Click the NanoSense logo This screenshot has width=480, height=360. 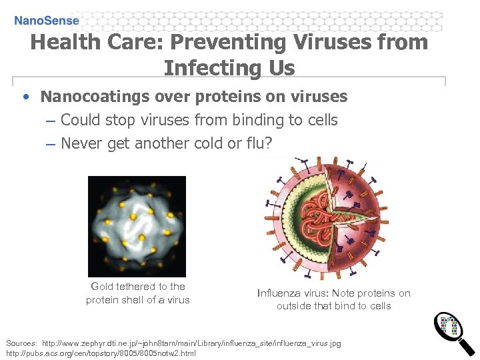click(47, 21)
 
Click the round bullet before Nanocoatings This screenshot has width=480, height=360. click(25, 97)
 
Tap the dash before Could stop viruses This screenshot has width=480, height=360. click(51, 121)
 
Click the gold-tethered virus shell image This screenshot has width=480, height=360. click(137, 225)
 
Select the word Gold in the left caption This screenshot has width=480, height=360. click(103, 287)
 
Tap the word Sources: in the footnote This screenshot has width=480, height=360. click(21, 343)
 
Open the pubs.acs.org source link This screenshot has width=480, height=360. click(100, 353)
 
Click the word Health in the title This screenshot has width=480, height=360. click(63, 43)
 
